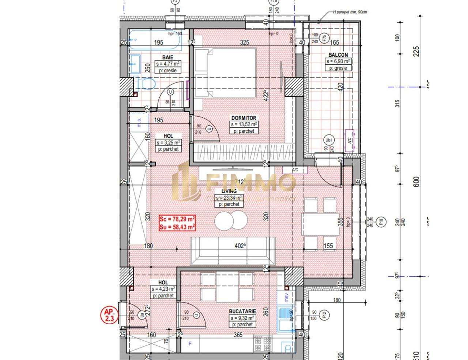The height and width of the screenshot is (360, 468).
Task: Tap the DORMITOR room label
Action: point(244,118)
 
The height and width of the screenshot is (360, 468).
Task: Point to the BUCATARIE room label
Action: point(242,311)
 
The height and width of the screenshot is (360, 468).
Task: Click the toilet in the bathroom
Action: point(148,84)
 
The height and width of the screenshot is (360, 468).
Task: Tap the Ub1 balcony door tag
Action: point(328,140)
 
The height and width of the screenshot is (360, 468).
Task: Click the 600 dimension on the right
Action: point(416,182)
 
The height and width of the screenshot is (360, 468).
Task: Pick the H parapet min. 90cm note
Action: point(350,12)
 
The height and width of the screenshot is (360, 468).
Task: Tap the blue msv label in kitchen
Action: point(287,296)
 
